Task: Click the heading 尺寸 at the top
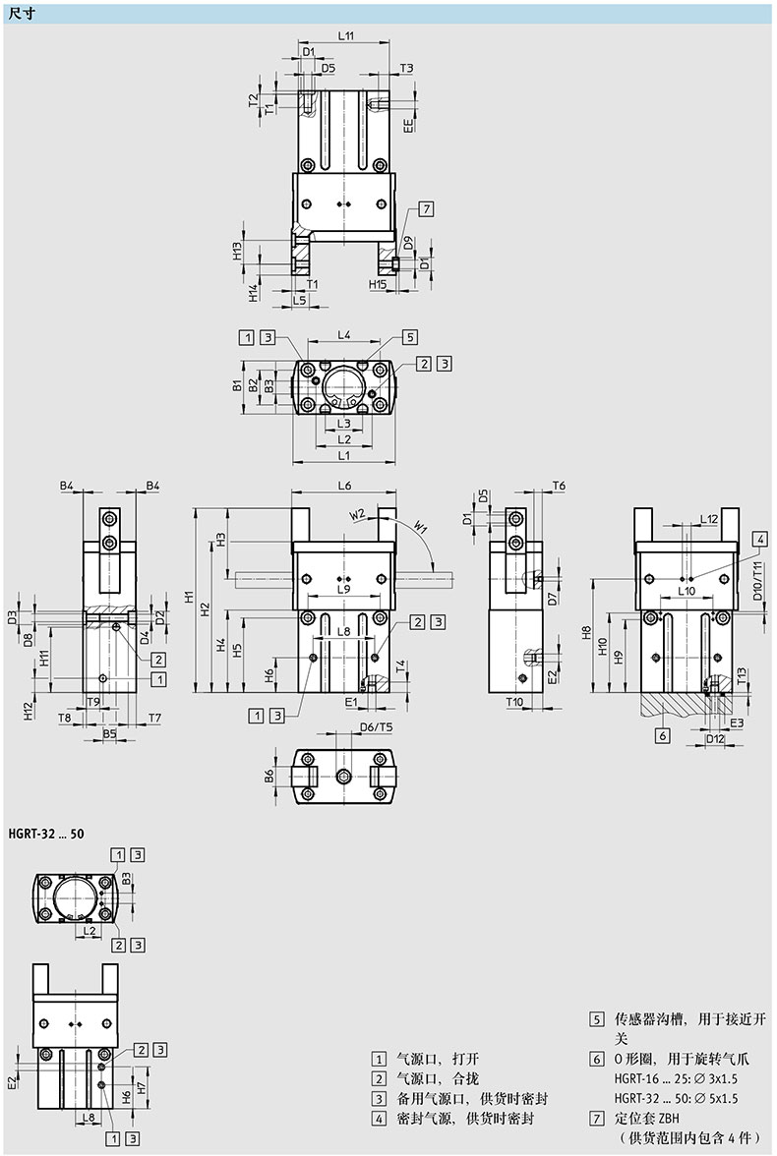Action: (x=23, y=14)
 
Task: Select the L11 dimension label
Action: (x=346, y=34)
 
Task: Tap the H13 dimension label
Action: (x=238, y=251)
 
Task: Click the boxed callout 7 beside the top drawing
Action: (x=426, y=208)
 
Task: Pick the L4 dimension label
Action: (x=344, y=334)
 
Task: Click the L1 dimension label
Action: (x=344, y=456)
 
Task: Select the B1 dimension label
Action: (x=237, y=385)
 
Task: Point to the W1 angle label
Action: (x=421, y=527)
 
